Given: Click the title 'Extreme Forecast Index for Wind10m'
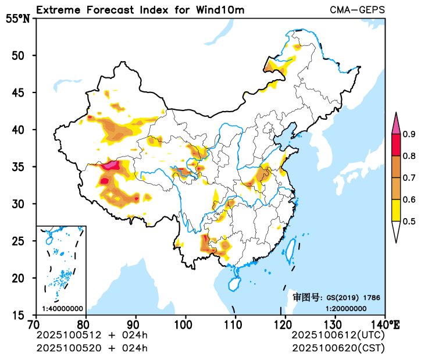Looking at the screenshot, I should tap(140, 10).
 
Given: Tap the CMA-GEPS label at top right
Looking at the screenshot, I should tap(357, 10).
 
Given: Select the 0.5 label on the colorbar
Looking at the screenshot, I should tap(409, 221).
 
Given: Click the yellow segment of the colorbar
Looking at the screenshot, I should tap(396, 210).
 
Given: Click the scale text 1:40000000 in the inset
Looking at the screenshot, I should tap(62, 308).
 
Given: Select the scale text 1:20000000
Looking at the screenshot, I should tap(346, 308).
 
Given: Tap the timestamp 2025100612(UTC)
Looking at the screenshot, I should tap(338, 336).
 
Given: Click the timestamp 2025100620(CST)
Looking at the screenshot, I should tap(338, 348).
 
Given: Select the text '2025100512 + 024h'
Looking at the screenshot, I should tap(92, 336).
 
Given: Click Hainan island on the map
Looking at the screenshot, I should tap(233, 283).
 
